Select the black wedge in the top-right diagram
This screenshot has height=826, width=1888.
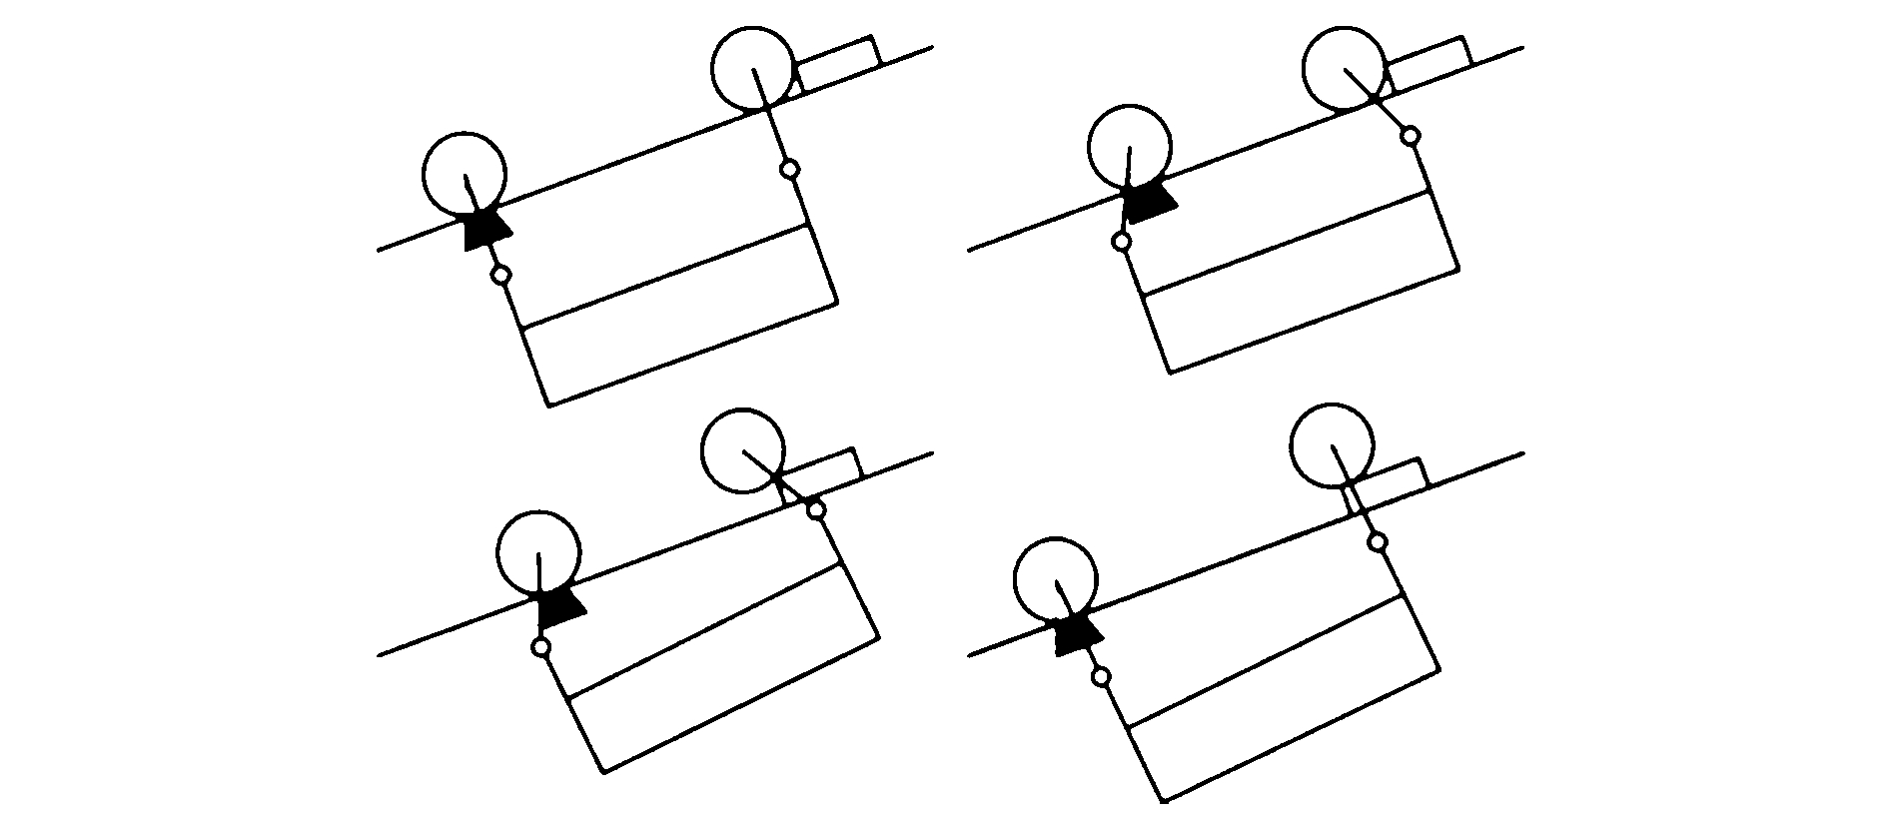(1148, 205)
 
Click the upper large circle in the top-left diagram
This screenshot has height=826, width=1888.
(754, 69)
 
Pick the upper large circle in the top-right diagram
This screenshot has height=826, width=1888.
(1345, 66)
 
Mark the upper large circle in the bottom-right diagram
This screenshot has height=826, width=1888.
(1332, 445)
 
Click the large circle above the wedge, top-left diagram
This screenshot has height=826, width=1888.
(465, 174)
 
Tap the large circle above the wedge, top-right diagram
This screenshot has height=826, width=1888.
(1129, 146)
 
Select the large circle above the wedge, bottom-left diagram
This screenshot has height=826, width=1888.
(538, 552)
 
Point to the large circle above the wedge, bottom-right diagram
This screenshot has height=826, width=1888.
(1055, 579)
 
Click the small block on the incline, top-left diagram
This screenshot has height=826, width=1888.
(837, 63)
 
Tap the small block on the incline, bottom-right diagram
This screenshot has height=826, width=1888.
(1389, 476)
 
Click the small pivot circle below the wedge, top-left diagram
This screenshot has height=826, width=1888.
(501, 275)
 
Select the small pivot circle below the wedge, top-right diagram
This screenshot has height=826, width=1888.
(1122, 241)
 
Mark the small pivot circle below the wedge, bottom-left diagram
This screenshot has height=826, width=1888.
(540, 647)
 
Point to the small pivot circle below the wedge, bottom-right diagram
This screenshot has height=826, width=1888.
(1101, 677)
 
